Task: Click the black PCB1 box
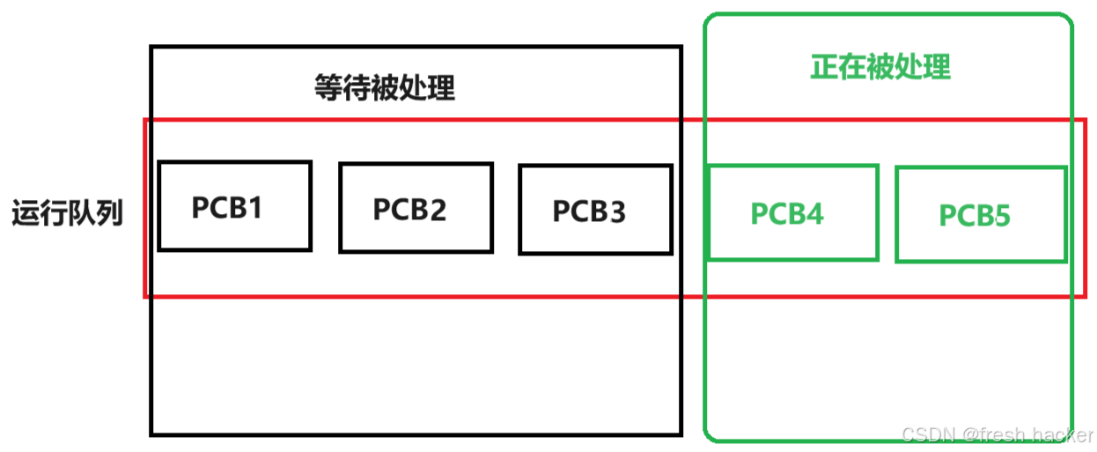point(234,205)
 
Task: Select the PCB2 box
point(416,207)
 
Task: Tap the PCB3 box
point(595,209)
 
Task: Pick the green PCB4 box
point(792,212)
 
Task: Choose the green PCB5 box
point(981,214)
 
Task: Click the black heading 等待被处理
point(385,87)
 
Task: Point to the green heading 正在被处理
point(880,68)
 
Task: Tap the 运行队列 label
point(68,214)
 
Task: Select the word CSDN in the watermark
point(927,434)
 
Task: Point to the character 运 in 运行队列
point(26,214)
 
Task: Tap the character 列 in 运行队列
point(109,214)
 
